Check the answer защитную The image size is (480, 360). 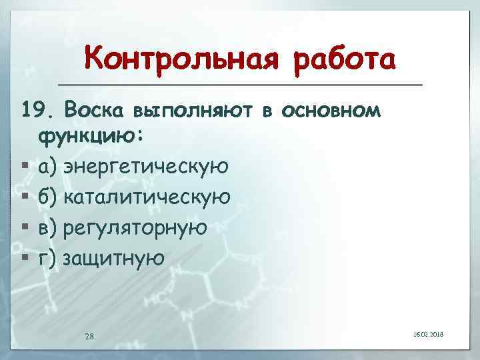point(113,257)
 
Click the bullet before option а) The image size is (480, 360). point(25,167)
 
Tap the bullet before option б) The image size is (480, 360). point(25,197)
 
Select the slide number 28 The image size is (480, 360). point(89,335)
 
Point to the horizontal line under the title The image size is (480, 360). point(240,85)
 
